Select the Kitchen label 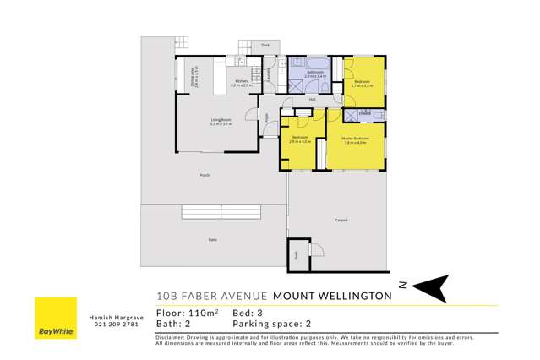241,81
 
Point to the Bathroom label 315,73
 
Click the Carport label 341,221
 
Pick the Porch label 204,175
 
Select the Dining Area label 195,78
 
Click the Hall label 312,100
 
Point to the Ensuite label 364,112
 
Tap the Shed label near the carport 297,254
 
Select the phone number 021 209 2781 112,325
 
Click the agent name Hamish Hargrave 112,317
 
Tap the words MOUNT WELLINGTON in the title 332,296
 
